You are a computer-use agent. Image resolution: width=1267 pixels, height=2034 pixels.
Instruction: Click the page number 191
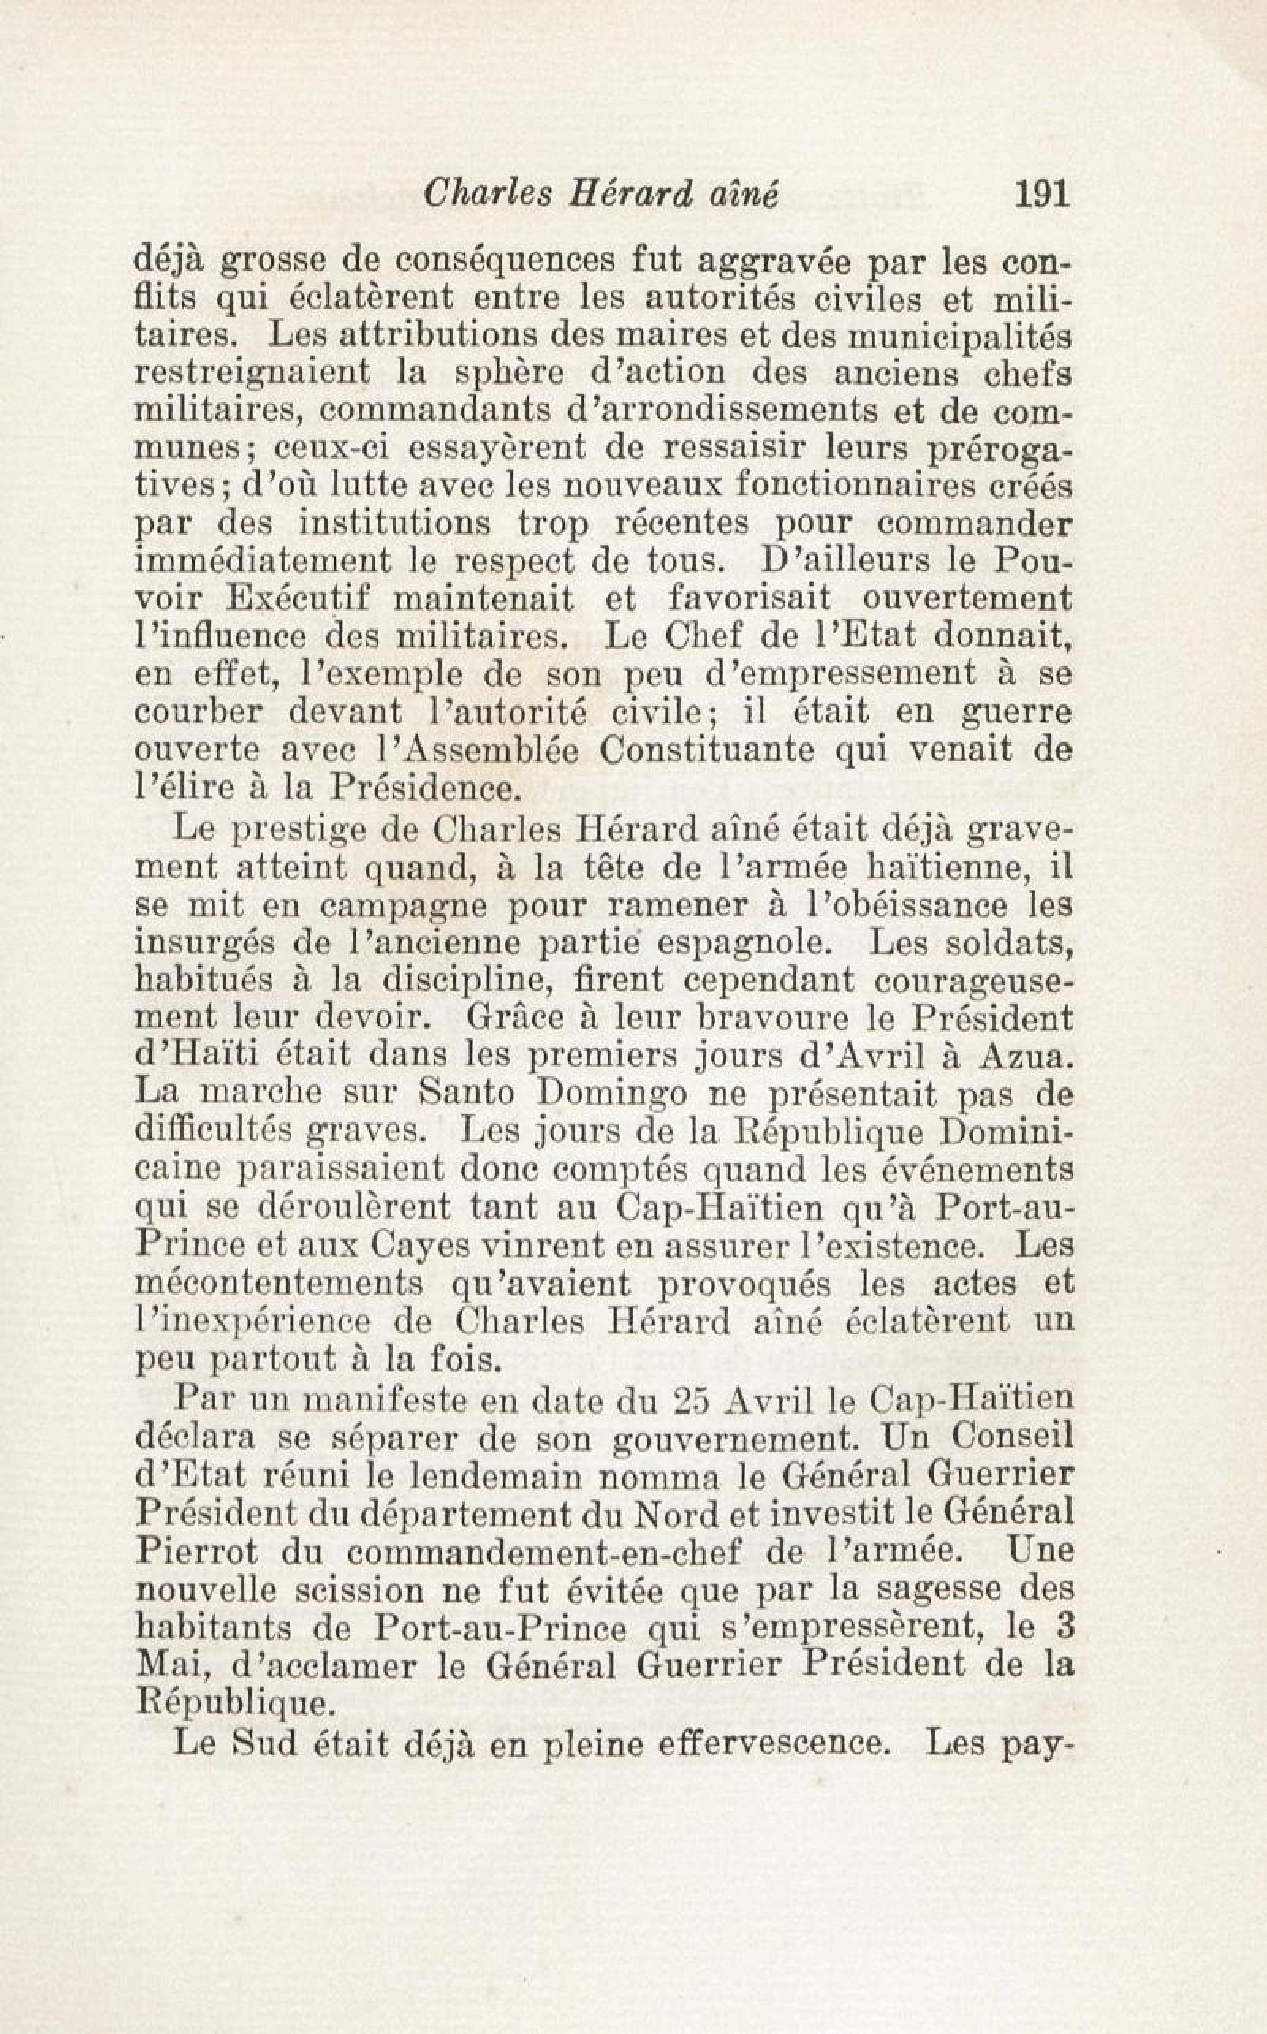click(1042, 195)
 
